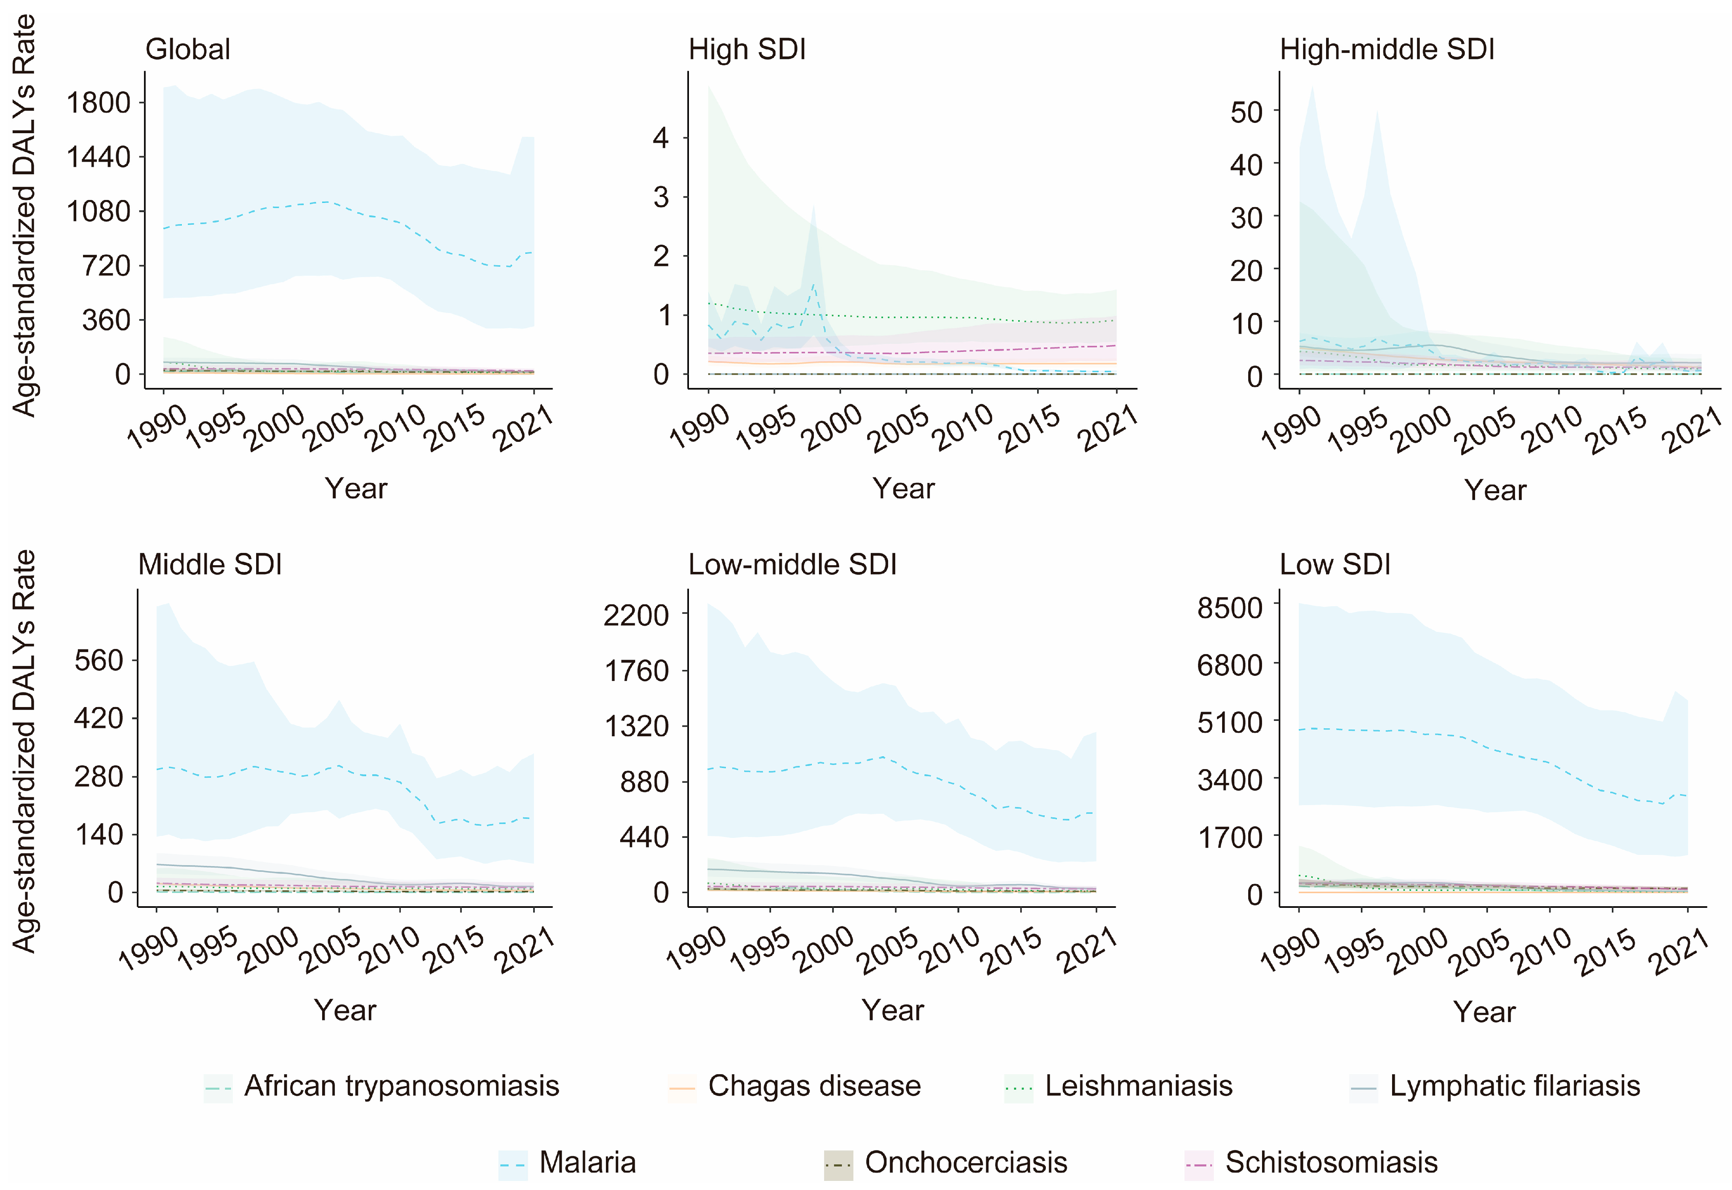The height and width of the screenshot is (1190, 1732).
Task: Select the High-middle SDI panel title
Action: pyautogui.click(x=1387, y=50)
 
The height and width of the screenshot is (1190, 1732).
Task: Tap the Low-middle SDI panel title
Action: pyautogui.click(x=792, y=565)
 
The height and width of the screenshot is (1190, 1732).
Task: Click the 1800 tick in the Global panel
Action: pyautogui.click(x=98, y=103)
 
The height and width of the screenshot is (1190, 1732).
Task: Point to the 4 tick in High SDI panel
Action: pyautogui.click(x=660, y=138)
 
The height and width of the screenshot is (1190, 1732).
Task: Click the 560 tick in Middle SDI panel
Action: pyautogui.click(x=98, y=661)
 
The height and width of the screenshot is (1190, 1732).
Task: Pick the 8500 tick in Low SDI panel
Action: pyautogui.click(x=1230, y=608)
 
